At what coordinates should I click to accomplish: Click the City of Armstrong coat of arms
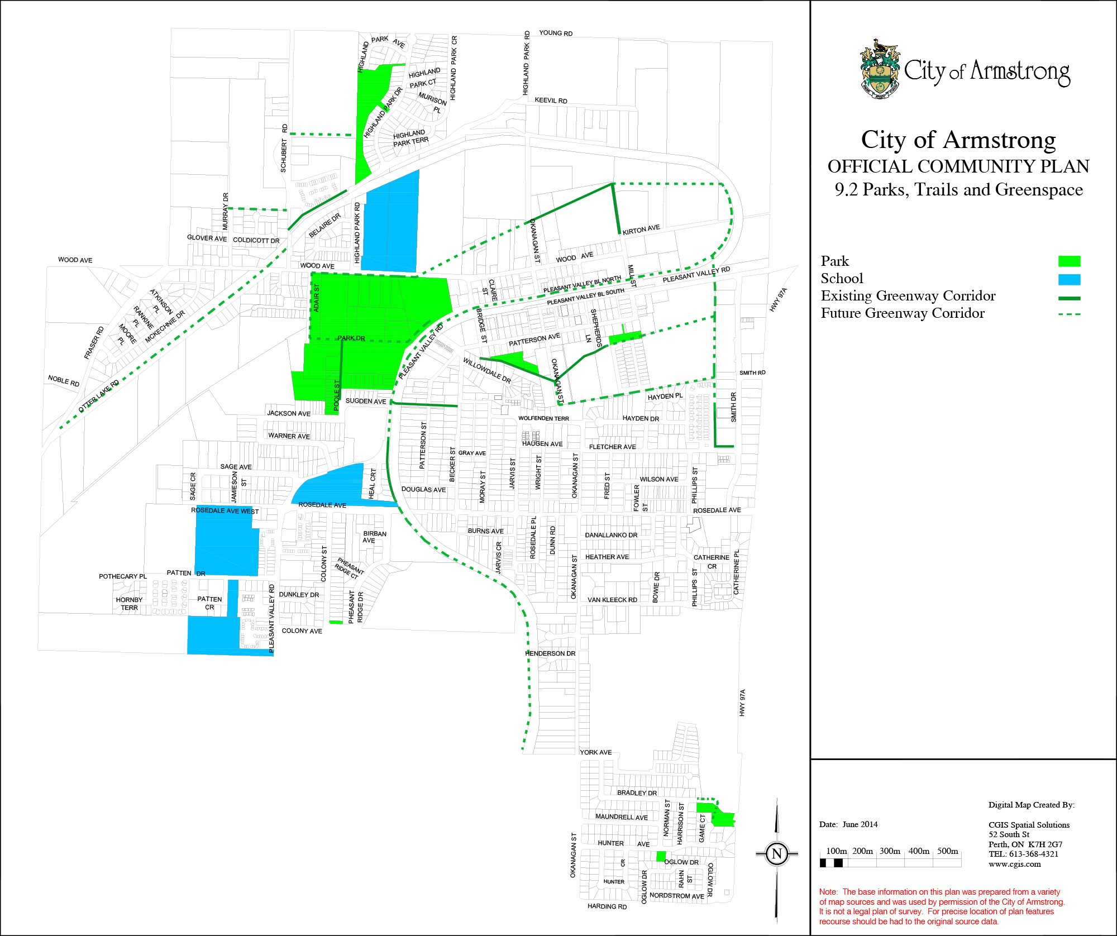tap(880, 69)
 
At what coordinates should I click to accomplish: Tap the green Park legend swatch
tap(1069, 261)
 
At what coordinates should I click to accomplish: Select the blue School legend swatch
tap(1069, 279)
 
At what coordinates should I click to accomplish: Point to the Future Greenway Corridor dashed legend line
tap(1069, 314)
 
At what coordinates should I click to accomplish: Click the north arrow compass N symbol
tap(777, 853)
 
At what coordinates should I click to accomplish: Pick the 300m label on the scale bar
tap(890, 851)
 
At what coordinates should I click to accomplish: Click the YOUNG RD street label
tap(556, 34)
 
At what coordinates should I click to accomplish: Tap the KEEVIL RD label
tap(551, 101)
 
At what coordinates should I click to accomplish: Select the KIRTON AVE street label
tap(641, 230)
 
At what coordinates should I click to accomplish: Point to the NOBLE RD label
tap(64, 381)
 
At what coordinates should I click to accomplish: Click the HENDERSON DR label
tap(550, 653)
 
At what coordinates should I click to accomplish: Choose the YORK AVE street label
tap(595, 752)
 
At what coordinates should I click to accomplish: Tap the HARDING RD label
tap(607, 906)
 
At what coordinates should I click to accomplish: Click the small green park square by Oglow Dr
tap(661, 856)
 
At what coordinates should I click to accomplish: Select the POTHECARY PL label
tap(123, 576)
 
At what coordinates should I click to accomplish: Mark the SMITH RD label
tap(752, 373)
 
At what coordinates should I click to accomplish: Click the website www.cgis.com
tap(1015, 864)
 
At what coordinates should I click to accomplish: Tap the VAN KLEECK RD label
tap(612, 600)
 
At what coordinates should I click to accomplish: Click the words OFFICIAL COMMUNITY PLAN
tap(958, 166)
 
